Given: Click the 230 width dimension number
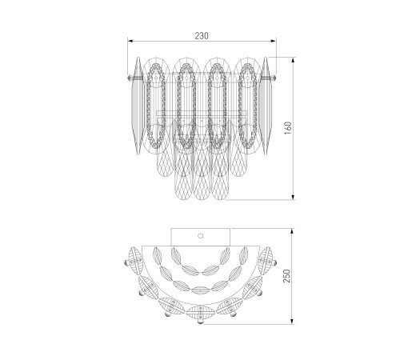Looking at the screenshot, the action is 202,36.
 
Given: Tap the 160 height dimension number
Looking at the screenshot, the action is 288,128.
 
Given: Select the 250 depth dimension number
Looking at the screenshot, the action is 287,276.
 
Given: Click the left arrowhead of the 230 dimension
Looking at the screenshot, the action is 130,41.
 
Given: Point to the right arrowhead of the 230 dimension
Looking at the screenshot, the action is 274,41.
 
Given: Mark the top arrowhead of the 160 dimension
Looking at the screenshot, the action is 294,60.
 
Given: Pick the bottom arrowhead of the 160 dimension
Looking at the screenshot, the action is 294,197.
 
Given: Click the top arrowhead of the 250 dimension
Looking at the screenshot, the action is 293,231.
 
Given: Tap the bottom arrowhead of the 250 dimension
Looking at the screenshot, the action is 293,322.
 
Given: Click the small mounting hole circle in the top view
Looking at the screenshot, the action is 201,236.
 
